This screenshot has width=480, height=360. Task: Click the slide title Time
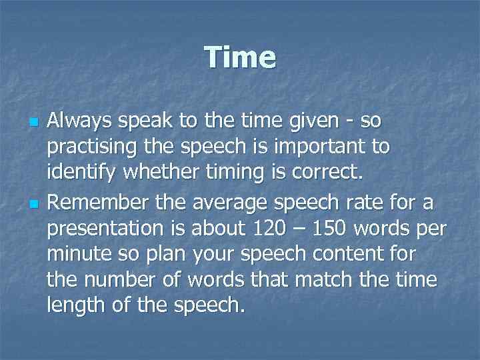[x=240, y=57]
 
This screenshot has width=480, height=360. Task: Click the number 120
[x=272, y=228]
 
